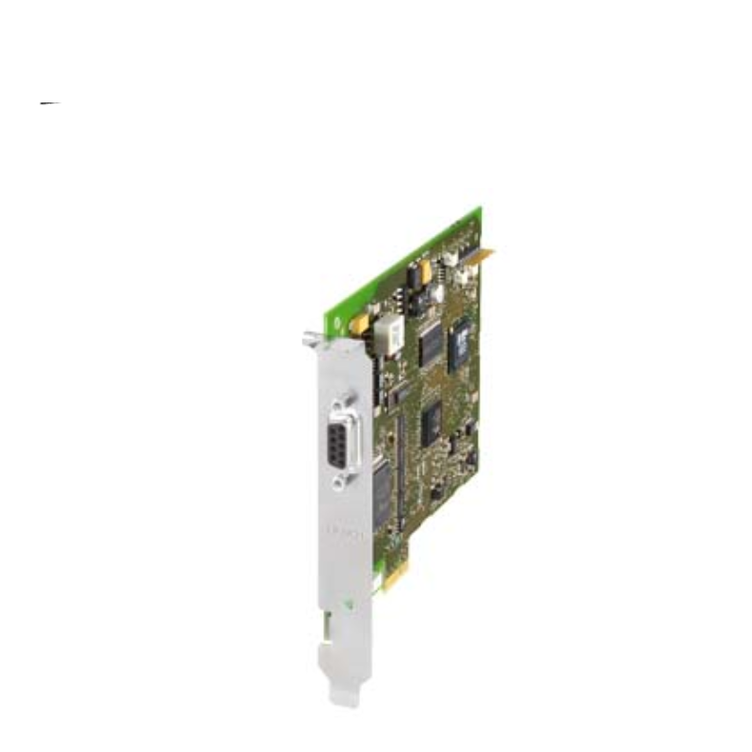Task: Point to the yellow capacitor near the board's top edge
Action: click(x=425, y=271)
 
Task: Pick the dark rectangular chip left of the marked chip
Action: click(x=430, y=342)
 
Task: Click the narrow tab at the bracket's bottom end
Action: click(x=346, y=692)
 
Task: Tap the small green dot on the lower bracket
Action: click(x=352, y=603)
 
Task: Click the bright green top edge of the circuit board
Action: click(x=404, y=263)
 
